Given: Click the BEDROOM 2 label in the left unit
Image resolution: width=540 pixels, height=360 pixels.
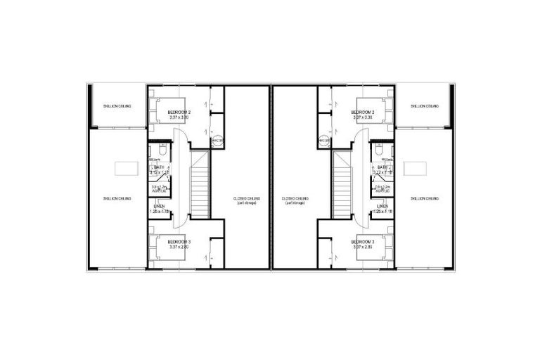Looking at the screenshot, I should (179, 112).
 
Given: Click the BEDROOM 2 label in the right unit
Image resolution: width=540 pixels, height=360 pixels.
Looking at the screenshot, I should (363, 112).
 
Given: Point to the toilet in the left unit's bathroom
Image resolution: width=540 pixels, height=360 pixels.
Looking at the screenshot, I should (161, 149).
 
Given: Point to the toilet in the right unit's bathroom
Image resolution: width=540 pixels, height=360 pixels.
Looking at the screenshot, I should (380, 149).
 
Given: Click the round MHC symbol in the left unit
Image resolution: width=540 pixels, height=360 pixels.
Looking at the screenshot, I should (217, 141).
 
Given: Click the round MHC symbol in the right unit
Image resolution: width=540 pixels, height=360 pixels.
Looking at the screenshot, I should (324, 141).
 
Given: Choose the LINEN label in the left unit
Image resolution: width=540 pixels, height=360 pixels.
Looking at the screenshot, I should (159, 206).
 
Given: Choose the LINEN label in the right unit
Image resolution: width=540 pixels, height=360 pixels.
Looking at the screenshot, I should (382, 206).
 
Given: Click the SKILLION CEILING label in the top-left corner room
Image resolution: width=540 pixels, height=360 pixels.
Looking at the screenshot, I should (117, 106).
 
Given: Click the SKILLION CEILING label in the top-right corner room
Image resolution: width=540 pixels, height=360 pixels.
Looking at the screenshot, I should (424, 106).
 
